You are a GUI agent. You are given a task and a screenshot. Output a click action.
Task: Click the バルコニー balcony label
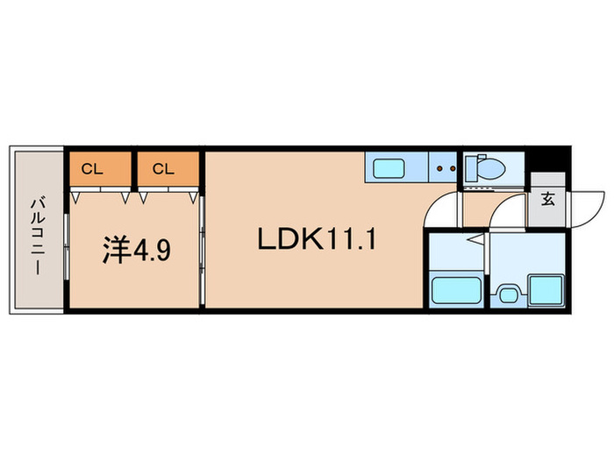38,237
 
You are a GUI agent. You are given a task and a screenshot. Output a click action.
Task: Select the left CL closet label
92,169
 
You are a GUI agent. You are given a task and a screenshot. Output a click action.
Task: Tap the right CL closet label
163,169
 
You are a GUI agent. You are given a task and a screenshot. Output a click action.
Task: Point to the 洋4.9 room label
137,250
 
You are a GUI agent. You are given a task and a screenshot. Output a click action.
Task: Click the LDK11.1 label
317,239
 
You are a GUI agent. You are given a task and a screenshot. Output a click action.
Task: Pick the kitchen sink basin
389,168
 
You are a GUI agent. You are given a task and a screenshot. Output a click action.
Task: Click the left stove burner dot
439,168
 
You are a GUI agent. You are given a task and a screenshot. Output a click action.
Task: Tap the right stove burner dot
453,168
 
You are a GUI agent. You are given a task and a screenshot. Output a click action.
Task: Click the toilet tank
471,168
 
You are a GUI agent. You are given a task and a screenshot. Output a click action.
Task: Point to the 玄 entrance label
548,200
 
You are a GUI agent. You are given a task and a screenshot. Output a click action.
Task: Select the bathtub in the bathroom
456,290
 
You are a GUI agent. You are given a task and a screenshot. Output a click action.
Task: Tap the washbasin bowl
508,294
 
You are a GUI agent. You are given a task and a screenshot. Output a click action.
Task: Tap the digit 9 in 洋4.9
164,251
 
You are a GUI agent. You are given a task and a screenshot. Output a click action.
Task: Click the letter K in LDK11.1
312,239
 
